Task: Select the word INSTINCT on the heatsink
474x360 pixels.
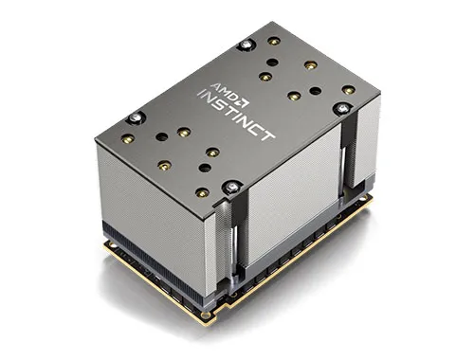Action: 236,115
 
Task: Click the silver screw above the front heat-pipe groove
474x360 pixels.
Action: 232,187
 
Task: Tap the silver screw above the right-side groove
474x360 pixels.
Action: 342,109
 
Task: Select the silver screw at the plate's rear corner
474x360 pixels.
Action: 246,45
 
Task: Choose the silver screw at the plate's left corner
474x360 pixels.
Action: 136,117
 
